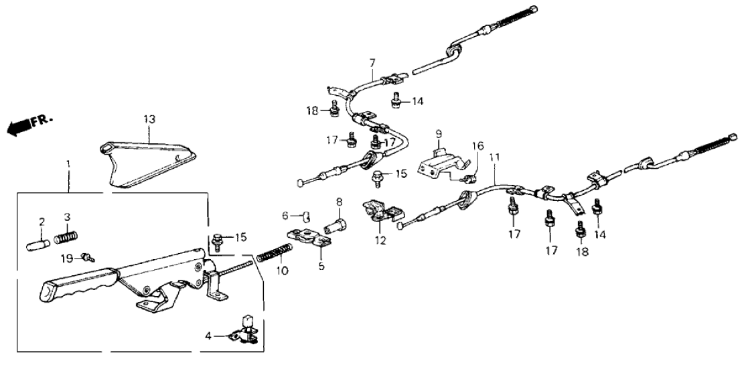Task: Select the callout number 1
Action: (x=68, y=163)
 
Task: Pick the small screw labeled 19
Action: (x=86, y=256)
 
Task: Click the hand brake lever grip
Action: (x=74, y=283)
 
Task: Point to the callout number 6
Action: (x=284, y=215)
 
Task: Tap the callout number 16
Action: (x=477, y=146)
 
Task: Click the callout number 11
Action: (x=494, y=158)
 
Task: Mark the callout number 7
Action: (x=372, y=64)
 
